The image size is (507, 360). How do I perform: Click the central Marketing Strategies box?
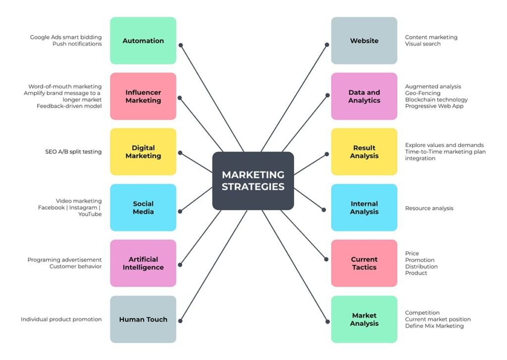(253, 181)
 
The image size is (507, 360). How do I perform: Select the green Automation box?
(143, 41)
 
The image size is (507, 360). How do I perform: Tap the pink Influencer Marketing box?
(143, 96)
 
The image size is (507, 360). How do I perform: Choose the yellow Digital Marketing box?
(143, 152)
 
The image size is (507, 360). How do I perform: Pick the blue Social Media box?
(143, 207)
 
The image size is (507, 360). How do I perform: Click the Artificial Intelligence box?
(143, 263)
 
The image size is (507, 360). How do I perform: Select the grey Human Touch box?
(143, 319)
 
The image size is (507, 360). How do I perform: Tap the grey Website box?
(364, 41)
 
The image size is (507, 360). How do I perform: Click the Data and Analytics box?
(364, 96)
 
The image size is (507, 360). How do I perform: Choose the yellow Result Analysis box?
(364, 152)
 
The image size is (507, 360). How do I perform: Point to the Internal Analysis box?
(364, 207)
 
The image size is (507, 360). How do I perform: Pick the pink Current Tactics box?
(364, 263)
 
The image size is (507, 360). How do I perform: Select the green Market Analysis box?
(364, 319)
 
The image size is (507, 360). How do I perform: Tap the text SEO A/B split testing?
(73, 152)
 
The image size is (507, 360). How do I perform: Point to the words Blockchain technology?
(436, 100)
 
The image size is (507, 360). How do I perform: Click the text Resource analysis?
(429, 208)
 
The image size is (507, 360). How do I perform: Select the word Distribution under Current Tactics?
(421, 266)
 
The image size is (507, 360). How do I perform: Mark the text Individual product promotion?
(61, 319)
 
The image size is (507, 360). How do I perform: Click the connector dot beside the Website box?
(327, 45)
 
